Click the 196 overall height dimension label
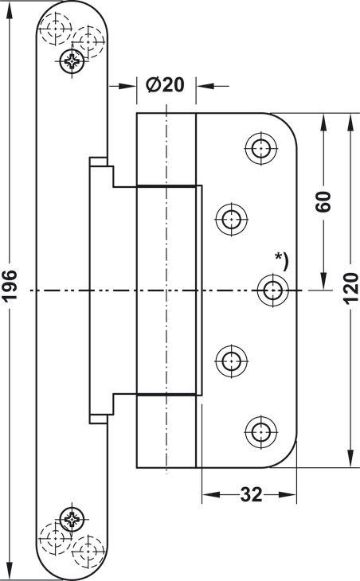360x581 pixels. (x=10, y=285)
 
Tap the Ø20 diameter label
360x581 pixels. (x=165, y=85)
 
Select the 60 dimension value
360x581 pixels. (x=323, y=201)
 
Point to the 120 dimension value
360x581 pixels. (x=350, y=289)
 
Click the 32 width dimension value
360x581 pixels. (x=251, y=494)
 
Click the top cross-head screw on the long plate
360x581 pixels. (x=72, y=60)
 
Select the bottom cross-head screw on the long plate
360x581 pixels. (x=72, y=519)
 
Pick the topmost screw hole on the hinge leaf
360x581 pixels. (x=261, y=148)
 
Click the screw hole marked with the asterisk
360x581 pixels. (x=273, y=290)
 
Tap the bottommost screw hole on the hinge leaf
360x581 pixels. (x=261, y=432)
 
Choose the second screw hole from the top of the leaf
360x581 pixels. (x=232, y=219)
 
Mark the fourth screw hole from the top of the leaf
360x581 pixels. (x=232, y=361)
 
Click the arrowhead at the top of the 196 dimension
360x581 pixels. (x=10, y=11)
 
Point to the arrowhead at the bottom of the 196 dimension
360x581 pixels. (x=10, y=571)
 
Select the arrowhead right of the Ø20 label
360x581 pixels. (x=205, y=86)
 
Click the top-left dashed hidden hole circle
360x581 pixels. (x=56, y=29)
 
